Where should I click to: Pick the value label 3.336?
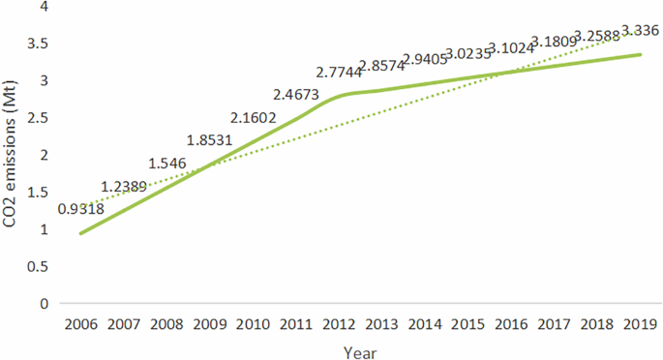(x=639, y=30)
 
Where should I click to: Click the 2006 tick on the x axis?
(x=80, y=322)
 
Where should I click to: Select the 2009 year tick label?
(x=209, y=322)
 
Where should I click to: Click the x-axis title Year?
(x=360, y=351)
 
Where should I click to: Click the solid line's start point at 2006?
(x=80, y=233)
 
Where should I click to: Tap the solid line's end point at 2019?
(x=640, y=54)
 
